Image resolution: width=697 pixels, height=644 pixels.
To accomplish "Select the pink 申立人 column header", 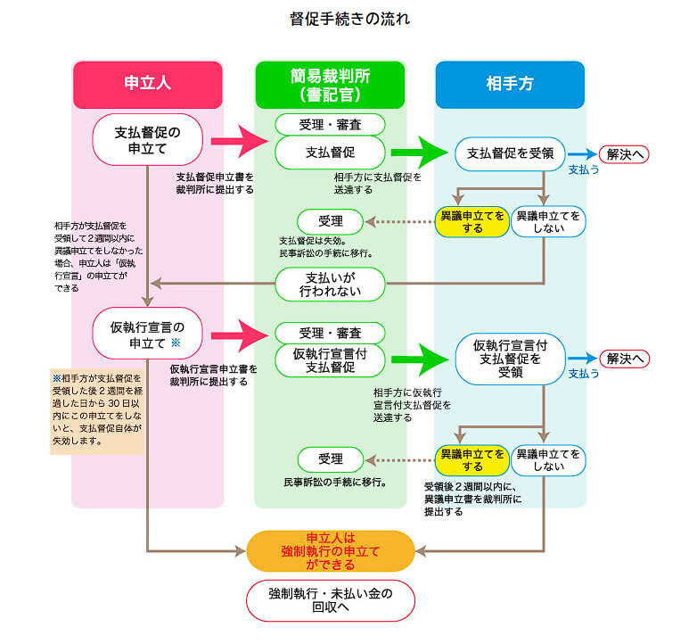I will point(147,84).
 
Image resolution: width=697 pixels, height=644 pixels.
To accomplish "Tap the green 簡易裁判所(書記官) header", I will point(330,85).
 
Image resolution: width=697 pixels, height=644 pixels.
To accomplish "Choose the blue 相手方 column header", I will point(510,84).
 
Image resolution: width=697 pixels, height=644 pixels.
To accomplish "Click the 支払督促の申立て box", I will point(147,140).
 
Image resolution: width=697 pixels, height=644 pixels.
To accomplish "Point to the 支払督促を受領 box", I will point(510,153).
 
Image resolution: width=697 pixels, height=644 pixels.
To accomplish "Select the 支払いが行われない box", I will point(330,284).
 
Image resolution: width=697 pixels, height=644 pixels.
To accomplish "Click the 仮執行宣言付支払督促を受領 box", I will point(511,359).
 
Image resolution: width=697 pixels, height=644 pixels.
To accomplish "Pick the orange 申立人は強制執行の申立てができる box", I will point(331,551).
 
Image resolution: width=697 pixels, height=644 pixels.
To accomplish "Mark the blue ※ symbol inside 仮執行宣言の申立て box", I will point(176,343).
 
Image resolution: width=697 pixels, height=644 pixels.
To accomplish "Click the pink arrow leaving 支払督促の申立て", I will point(240,141).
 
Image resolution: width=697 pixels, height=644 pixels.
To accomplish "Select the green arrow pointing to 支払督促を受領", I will point(420,153).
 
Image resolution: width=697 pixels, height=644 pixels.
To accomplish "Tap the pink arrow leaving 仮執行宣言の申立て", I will point(240,333).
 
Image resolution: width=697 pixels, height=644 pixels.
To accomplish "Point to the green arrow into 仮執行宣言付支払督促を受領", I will point(420,359).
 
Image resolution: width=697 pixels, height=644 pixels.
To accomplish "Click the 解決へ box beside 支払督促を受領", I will point(624,153).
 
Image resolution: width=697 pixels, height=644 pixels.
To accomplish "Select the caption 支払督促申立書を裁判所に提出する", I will point(214,183).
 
